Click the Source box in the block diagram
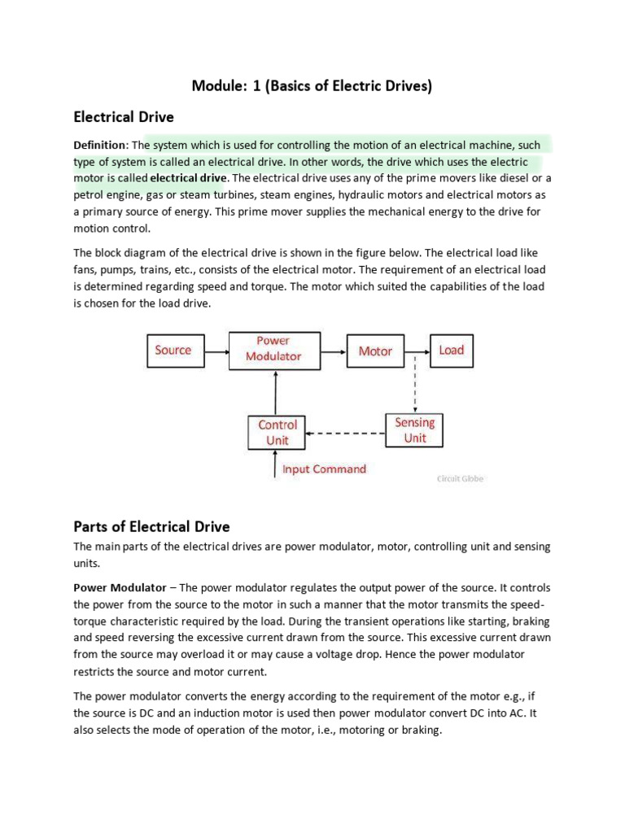(x=173, y=351)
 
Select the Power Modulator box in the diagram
(x=273, y=349)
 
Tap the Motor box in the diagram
(x=375, y=351)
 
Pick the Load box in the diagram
(x=451, y=351)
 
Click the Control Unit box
(x=278, y=433)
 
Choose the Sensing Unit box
(x=414, y=430)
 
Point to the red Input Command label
(x=324, y=469)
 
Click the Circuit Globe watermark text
(x=460, y=479)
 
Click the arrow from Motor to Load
(x=417, y=351)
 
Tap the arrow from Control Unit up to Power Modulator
(x=277, y=393)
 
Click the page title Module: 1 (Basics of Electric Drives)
(x=312, y=85)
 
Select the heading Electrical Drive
(x=124, y=117)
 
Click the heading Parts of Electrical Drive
(x=151, y=526)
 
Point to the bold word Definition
(x=101, y=146)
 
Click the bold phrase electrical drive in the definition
(x=189, y=178)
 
